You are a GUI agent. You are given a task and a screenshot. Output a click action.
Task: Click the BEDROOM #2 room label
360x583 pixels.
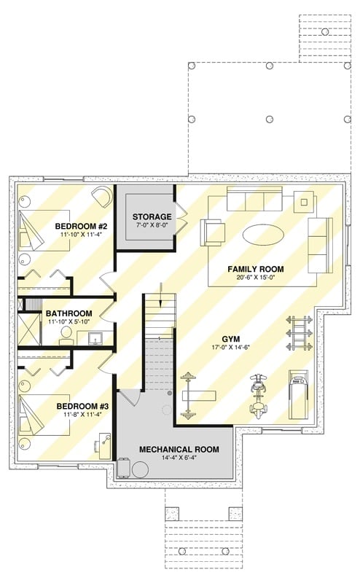click(82, 226)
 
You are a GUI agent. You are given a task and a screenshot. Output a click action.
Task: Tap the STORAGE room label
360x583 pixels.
click(152, 216)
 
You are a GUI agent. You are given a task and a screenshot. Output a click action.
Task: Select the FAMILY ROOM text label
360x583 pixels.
click(255, 269)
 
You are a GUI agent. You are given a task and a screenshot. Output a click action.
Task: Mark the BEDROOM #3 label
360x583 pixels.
click(81, 407)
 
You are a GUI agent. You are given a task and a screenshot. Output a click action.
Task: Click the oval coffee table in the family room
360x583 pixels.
click(264, 235)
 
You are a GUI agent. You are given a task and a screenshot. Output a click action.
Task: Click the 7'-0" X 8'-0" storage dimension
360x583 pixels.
click(152, 226)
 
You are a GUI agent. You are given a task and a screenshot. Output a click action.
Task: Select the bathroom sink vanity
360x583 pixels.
click(94, 338)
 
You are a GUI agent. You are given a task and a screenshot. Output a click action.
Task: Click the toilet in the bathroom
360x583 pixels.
click(66, 335)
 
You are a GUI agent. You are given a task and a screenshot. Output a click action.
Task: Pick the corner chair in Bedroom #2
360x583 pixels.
click(103, 197)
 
